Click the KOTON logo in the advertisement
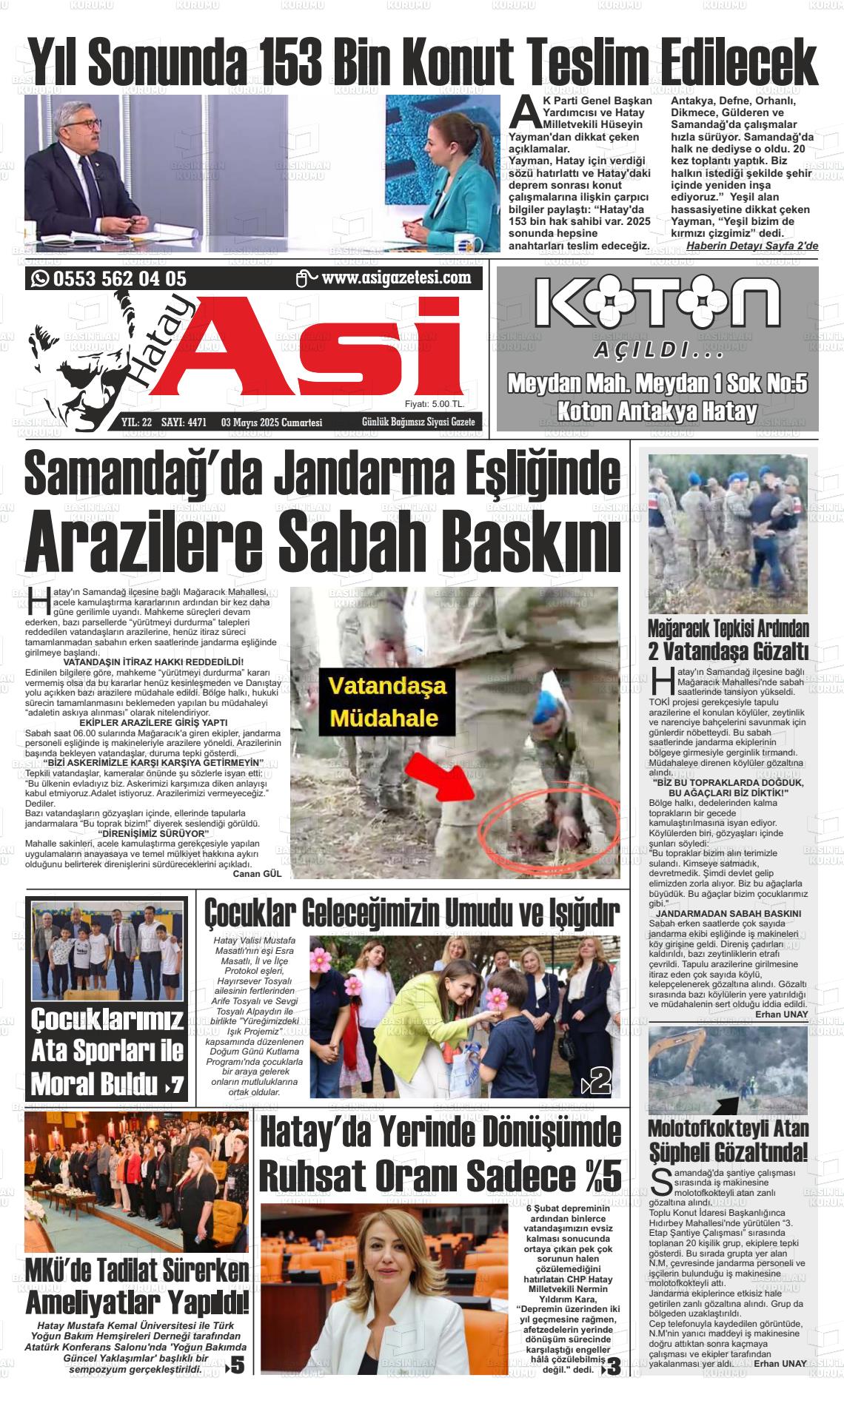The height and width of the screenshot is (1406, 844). pos(657,304)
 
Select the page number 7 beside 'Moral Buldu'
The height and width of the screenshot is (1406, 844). pos(176,1086)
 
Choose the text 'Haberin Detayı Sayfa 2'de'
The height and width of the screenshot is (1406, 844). pos(752,245)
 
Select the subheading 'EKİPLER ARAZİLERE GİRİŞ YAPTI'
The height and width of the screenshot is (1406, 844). pos(153,722)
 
